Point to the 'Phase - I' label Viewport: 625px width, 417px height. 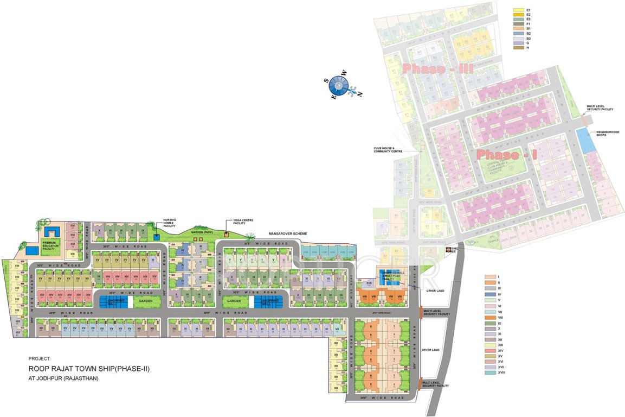[x=507, y=155]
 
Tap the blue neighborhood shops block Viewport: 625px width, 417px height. [x=584, y=140]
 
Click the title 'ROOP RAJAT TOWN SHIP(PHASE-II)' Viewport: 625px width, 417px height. [x=89, y=369]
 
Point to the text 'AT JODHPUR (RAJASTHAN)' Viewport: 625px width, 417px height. [x=64, y=378]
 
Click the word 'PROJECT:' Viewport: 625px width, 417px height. [x=40, y=358]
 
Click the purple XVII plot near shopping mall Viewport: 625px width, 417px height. [x=369, y=283]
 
